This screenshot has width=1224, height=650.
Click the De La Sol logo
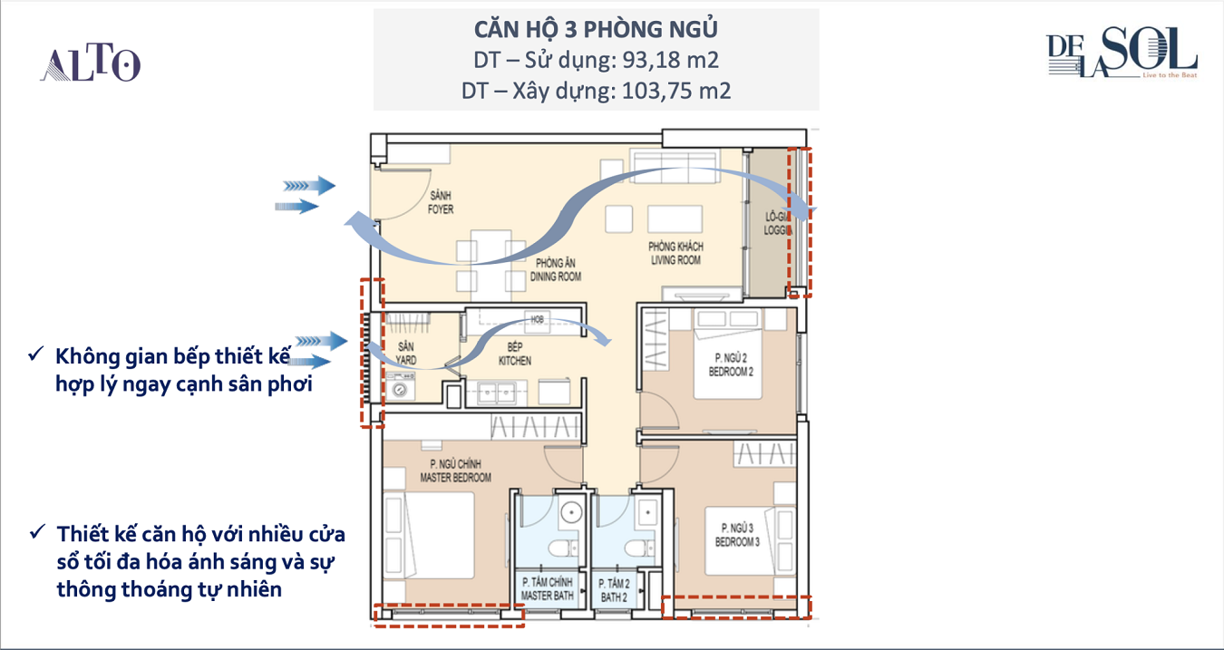click(1122, 52)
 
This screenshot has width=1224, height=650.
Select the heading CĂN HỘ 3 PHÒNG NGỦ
click(596, 30)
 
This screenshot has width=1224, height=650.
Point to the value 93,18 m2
click(670, 60)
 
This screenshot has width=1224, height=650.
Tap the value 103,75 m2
click(676, 91)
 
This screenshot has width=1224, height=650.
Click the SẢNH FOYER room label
click(441, 202)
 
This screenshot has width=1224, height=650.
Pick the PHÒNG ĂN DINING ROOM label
click(556, 270)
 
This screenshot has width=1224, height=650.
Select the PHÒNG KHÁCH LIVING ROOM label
click(676, 254)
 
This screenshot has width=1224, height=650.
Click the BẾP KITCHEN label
click(515, 354)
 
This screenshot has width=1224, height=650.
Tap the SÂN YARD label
click(406, 354)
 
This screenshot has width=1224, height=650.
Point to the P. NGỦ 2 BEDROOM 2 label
click(731, 364)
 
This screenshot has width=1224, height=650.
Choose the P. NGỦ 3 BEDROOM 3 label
click(737, 535)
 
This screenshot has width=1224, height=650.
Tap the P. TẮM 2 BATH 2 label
click(614, 591)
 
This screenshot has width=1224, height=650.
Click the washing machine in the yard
click(400, 387)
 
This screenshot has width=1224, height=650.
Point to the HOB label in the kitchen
click(537, 319)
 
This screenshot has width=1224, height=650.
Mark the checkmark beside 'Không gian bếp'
click(36, 354)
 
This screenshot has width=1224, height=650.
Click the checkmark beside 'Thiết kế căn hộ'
click(38, 531)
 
